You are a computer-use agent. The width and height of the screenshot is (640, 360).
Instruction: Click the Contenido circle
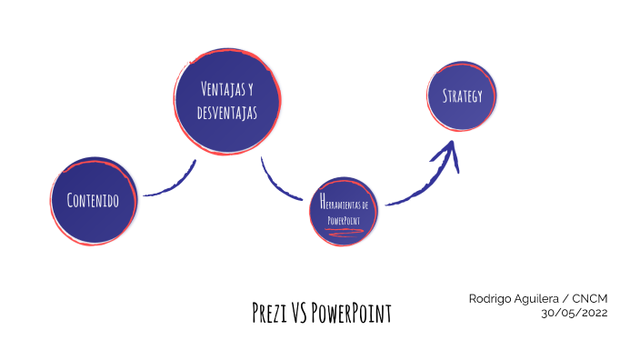95,200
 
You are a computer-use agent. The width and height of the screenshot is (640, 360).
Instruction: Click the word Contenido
93,200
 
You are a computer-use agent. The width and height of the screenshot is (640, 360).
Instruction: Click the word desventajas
227,113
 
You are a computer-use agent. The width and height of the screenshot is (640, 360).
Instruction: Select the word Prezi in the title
270,314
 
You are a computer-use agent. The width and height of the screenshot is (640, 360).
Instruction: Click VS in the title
300,314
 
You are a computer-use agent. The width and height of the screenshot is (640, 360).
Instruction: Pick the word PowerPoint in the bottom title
352,314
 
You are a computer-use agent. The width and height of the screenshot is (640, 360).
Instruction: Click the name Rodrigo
492,298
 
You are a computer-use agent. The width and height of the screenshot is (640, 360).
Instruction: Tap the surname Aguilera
542,298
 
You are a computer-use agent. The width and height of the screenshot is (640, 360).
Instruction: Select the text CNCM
590,298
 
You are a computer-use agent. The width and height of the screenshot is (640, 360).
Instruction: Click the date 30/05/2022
574,313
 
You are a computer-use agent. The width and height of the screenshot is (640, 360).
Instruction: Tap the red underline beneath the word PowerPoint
345,232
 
